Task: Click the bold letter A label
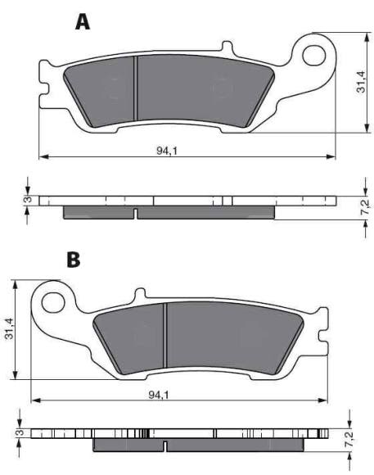(x=82, y=22)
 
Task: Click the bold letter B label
(x=74, y=260)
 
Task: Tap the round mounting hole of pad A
(x=314, y=54)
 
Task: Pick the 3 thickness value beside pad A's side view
(x=26, y=199)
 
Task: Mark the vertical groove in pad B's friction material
(x=166, y=336)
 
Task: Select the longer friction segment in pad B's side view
(x=237, y=445)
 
